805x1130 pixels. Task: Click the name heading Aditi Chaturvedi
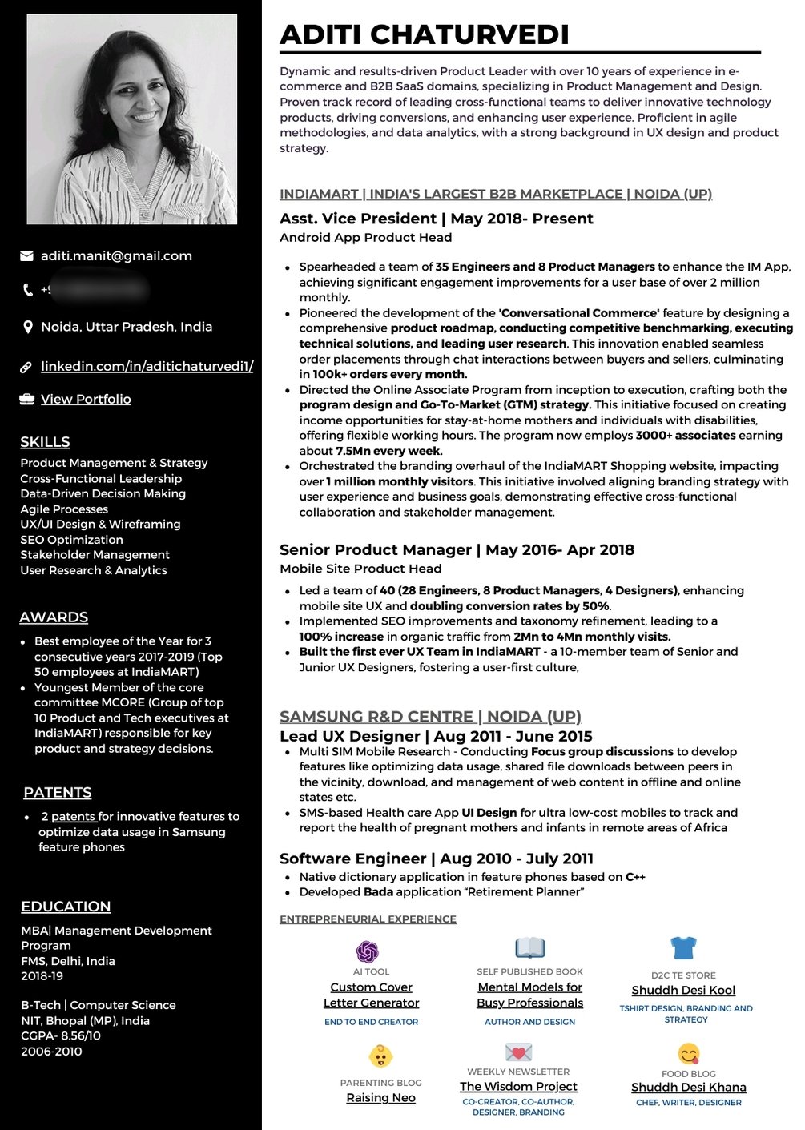point(425,34)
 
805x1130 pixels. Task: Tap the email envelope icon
point(26,256)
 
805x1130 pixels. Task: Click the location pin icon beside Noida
point(27,327)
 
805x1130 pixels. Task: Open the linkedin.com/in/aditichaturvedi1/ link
point(147,366)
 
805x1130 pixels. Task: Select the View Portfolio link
point(86,399)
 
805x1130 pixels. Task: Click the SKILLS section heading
point(45,442)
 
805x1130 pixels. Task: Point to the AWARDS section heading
point(54,617)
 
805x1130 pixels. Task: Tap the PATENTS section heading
point(58,792)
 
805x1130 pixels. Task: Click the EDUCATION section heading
point(66,907)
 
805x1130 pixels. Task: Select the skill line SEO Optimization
point(72,540)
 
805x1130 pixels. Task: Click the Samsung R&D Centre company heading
point(430,716)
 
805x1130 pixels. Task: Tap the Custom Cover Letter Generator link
point(371,995)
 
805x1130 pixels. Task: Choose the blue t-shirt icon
point(683,948)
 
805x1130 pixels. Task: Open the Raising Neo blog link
point(380,1098)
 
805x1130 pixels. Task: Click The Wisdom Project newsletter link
point(518,1087)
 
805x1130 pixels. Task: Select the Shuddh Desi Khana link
point(689,1088)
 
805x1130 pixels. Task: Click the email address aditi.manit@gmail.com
point(116,256)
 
